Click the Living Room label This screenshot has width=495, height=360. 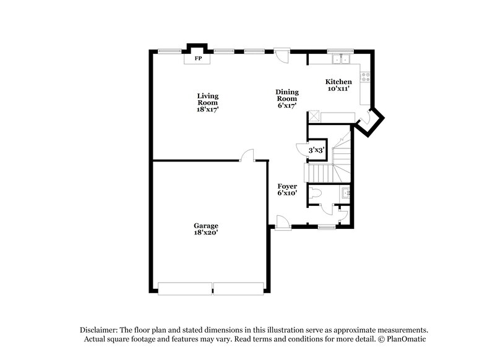(208, 103)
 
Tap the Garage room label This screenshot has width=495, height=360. (205, 229)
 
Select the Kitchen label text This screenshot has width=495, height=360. (339, 85)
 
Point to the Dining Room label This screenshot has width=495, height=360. (287, 99)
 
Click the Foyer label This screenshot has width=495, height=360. (287, 189)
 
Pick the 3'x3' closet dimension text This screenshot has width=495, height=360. (317, 150)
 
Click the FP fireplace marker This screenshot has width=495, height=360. (199, 59)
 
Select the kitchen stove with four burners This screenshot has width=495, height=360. (367, 77)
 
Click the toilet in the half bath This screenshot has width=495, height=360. (317, 193)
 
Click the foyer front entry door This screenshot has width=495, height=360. (282, 221)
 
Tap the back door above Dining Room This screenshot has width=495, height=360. (282, 55)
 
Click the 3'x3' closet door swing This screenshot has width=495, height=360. (303, 149)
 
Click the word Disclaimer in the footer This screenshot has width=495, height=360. (99, 330)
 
